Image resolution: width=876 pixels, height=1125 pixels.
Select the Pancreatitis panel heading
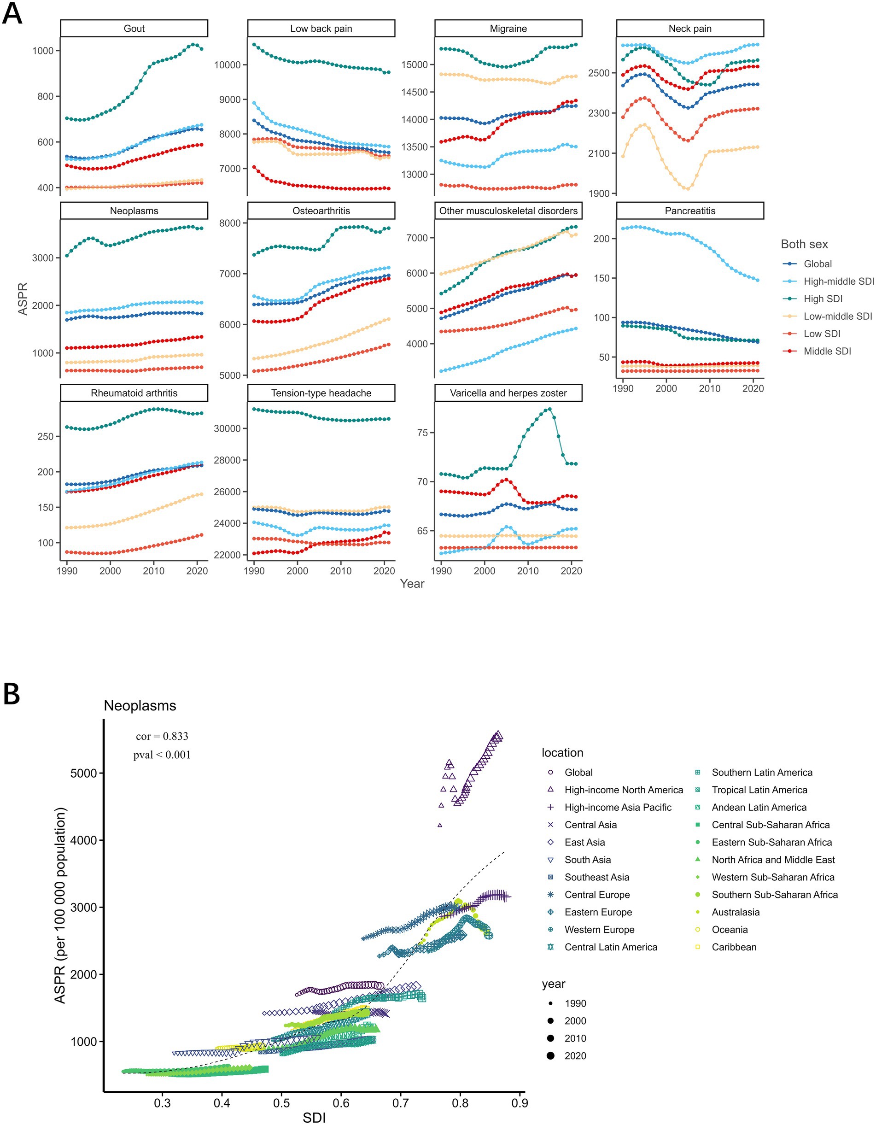click(x=689, y=211)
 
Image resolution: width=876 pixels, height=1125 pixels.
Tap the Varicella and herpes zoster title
click(x=508, y=393)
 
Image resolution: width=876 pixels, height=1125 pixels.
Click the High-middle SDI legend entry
click(x=838, y=281)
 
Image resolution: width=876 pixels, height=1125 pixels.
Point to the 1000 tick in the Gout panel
click(x=43, y=51)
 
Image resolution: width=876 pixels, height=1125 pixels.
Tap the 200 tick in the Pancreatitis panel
click(x=602, y=239)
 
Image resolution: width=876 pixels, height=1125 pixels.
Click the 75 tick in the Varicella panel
click(x=422, y=433)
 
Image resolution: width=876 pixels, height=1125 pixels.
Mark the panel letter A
click(x=12, y=13)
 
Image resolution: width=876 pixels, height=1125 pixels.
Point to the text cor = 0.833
click(x=162, y=736)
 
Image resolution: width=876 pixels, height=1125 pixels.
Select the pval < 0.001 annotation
click(x=162, y=755)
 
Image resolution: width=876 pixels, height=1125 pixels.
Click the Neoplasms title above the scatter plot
click(x=140, y=706)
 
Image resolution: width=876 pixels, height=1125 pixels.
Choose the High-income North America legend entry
click(x=623, y=790)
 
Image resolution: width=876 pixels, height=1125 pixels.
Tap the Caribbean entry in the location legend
click(x=734, y=947)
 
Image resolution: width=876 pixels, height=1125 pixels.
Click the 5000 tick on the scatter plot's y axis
click(x=83, y=773)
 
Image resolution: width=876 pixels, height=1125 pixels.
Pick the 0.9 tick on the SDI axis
click(x=520, y=1103)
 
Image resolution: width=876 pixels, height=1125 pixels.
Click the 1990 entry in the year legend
click(x=575, y=1003)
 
